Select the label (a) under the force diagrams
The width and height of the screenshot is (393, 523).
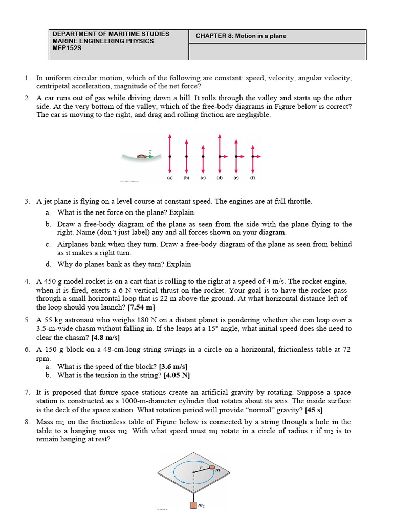pyautogui.click(x=169, y=179)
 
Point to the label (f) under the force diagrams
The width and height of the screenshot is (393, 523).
pyautogui.click(x=252, y=179)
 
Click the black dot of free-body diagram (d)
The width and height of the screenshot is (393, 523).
pyautogui.click(x=220, y=156)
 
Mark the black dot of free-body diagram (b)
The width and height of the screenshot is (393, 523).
pyautogui.click(x=186, y=156)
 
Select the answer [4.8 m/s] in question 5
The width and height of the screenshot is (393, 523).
pyautogui.click(x=105, y=338)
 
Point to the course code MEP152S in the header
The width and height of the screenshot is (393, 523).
pyautogui.click(x=68, y=48)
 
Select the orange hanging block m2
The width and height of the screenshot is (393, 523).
pyautogui.click(x=193, y=505)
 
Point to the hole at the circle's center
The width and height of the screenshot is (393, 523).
pyautogui.click(x=193, y=472)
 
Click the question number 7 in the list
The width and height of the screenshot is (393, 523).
pyautogui.click(x=27, y=392)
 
